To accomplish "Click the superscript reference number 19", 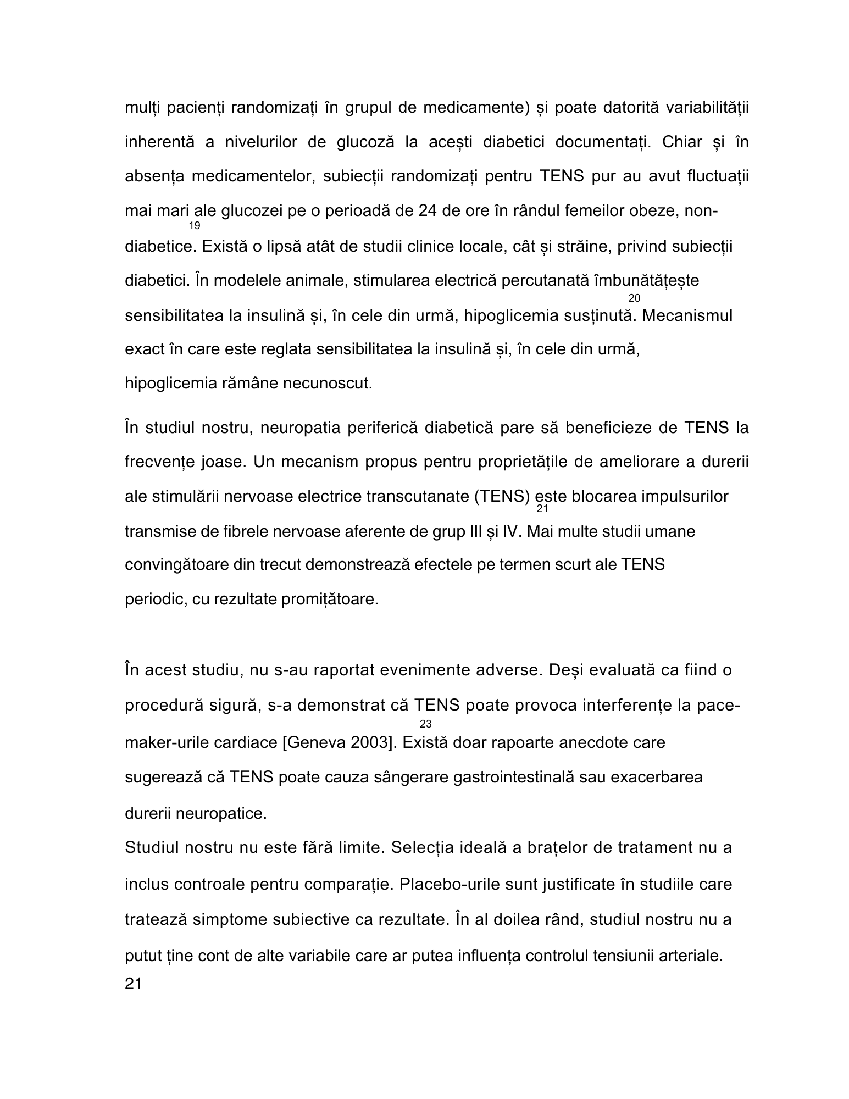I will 195,226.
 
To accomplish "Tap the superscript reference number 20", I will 634,298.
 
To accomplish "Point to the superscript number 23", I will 425,724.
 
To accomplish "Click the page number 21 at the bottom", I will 134,983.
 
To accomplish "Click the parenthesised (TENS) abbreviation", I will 501,496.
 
